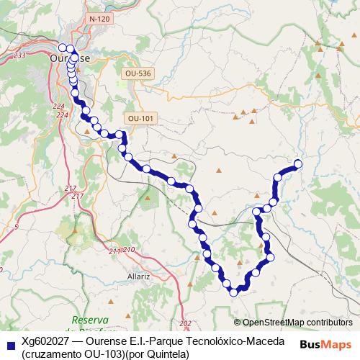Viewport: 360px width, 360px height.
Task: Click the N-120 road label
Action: click(99, 17)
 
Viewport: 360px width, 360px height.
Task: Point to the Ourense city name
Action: click(70, 57)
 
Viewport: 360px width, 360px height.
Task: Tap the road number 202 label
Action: click(186, 323)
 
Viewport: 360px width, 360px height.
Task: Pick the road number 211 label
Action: click(114, 251)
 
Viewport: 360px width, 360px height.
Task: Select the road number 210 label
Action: click(129, 249)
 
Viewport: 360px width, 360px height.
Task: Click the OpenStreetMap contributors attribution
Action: click(292, 323)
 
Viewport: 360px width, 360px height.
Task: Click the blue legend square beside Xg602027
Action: click(10, 346)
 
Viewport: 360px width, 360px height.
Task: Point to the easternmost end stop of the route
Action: click(297, 164)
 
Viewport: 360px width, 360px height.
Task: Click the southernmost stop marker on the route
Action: click(233, 291)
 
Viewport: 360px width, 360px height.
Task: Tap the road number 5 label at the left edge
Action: click(16, 226)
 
